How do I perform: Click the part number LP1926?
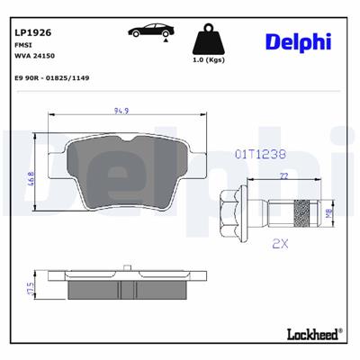tap(32, 31)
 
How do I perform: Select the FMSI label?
tap(24, 44)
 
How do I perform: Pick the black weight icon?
tap(210, 40)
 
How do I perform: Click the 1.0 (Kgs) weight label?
tap(210, 60)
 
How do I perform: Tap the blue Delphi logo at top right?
tap(298, 41)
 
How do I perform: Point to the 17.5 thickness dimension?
tap(31, 289)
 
